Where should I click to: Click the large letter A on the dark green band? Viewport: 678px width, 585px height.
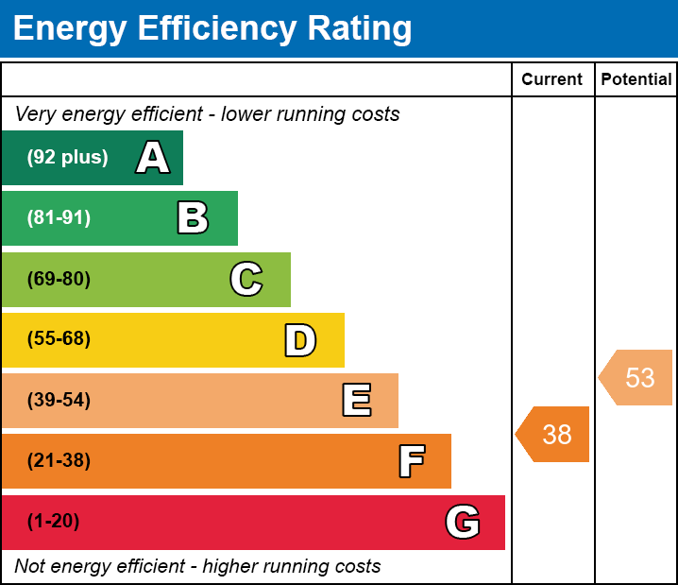pyautogui.click(x=152, y=158)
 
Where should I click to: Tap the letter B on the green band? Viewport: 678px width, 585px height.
pyautogui.click(x=193, y=218)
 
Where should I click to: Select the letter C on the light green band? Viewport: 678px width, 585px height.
pyautogui.click(x=246, y=279)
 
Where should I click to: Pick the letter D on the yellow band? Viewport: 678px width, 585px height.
pyautogui.click(x=300, y=340)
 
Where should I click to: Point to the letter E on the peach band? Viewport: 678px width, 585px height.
pyautogui.click(x=356, y=401)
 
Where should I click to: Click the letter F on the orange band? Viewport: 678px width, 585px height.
pyautogui.click(x=411, y=461)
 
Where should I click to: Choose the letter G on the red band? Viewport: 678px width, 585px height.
pyautogui.click(x=463, y=522)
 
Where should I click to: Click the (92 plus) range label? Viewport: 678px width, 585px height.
pyautogui.click(x=67, y=158)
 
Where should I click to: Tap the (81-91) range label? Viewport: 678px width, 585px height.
pyautogui.click(x=59, y=218)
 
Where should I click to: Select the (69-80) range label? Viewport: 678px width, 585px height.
pyautogui.click(x=59, y=279)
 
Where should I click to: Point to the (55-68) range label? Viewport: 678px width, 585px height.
pyautogui.click(x=59, y=339)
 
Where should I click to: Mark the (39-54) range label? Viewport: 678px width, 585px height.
pyautogui.click(x=59, y=401)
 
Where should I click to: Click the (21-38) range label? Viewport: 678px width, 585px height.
pyautogui.click(x=59, y=461)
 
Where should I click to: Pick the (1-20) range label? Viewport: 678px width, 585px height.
pyautogui.click(x=53, y=522)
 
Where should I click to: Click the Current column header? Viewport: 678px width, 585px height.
pyautogui.click(x=552, y=80)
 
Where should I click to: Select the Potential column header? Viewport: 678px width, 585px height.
pyautogui.click(x=636, y=80)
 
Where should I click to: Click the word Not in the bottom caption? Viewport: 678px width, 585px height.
pyautogui.click(x=30, y=567)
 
